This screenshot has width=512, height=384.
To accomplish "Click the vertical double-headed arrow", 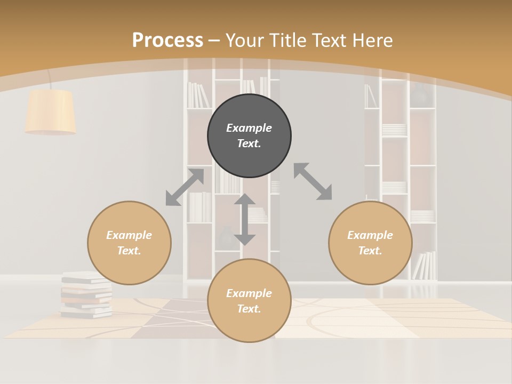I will click(245, 219).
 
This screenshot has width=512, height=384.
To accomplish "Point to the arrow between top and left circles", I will click(185, 187).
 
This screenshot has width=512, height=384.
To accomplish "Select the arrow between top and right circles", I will click(313, 181).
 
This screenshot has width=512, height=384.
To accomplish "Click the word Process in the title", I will click(167, 40).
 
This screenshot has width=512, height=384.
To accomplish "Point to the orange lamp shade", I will click(51, 111).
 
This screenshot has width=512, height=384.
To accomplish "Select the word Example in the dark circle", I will click(249, 128).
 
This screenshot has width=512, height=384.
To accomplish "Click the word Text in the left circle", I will click(129, 251).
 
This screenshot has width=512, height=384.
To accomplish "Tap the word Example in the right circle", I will click(370, 235).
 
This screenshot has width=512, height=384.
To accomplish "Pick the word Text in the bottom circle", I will click(249, 309).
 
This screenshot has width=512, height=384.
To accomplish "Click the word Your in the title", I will click(244, 40).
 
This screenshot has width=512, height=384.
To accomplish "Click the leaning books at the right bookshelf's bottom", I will click(425, 266).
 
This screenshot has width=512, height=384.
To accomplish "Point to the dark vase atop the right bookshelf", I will click(420, 94).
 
